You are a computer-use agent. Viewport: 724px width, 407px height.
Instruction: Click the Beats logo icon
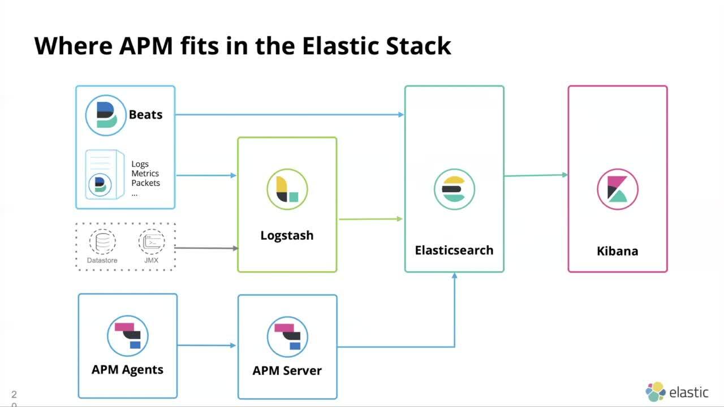106,115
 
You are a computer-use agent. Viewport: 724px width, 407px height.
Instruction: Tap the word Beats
145,115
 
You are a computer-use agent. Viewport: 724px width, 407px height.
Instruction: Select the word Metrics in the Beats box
145,174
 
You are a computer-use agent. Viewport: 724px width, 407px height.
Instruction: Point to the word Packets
145,183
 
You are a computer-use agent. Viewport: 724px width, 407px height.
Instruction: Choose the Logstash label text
287,236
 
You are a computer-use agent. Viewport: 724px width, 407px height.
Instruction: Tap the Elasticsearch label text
454,250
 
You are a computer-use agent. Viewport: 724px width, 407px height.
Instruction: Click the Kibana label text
618,251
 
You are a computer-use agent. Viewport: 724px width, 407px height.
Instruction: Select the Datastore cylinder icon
102,242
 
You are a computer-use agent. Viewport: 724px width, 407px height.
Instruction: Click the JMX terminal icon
152,242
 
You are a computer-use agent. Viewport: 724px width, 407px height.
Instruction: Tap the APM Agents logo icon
127,336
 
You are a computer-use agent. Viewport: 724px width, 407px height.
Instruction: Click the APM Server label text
287,371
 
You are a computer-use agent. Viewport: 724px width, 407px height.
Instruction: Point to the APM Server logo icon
287,336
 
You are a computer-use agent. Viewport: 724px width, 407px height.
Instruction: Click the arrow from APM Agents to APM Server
206,345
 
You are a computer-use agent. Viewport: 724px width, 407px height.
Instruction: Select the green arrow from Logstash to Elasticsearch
370,219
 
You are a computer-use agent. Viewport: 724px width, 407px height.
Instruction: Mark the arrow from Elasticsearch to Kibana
536,175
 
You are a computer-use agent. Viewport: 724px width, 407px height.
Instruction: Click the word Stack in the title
418,46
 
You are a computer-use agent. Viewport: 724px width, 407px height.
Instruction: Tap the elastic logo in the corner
677,392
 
